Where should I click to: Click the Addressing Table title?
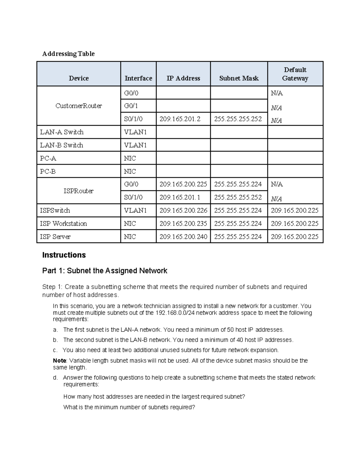click(68, 54)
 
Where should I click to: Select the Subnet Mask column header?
click(239, 78)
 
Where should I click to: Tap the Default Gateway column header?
click(295, 74)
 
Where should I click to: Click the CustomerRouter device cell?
click(79, 106)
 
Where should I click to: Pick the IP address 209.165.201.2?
click(180, 119)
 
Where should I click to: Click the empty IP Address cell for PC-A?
click(183, 158)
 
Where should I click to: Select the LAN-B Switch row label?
click(61, 145)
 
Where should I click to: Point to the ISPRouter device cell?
click(79, 191)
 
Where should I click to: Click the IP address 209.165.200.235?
click(183, 224)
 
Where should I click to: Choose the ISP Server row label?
click(55, 237)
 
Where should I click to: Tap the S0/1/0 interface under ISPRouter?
click(133, 197)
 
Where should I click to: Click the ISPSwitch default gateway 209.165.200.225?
click(295, 210)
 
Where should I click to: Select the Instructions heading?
click(64, 255)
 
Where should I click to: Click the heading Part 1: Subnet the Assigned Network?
click(105, 271)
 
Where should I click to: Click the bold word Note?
click(59, 361)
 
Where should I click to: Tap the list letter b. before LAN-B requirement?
click(55, 340)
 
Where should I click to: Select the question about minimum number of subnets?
click(129, 407)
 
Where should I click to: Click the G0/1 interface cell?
click(131, 106)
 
